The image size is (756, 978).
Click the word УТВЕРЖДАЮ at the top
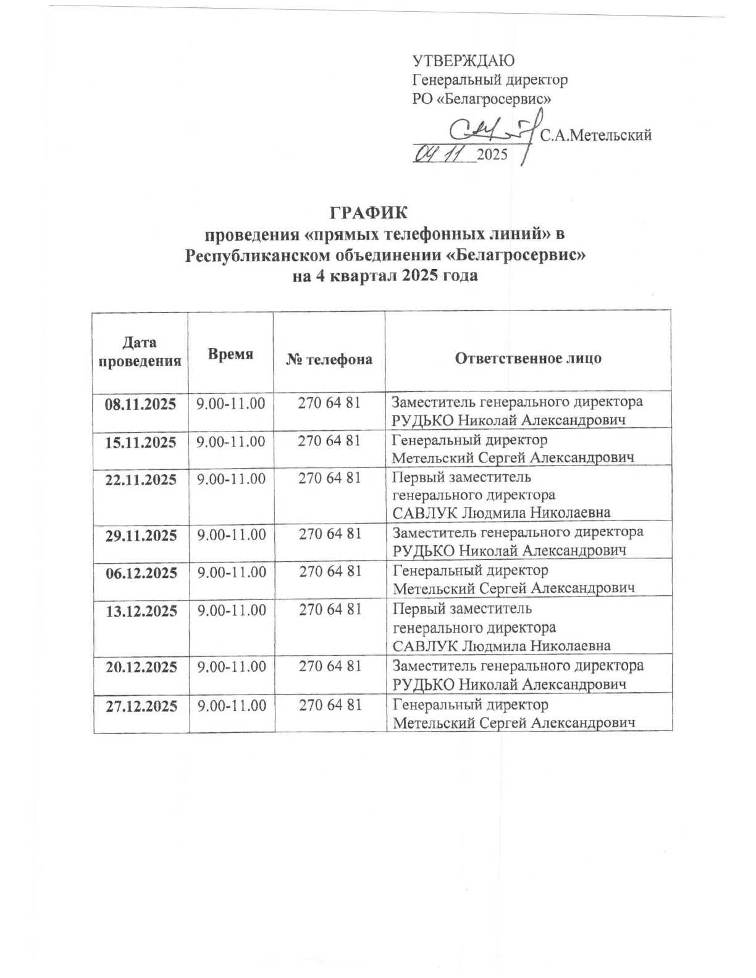[x=463, y=61]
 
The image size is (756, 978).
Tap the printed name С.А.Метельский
[x=596, y=136]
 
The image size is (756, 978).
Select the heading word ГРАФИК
[x=368, y=213]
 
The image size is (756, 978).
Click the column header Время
[x=230, y=354]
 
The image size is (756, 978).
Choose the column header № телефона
[x=329, y=359]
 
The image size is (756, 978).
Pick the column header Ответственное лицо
[x=528, y=359]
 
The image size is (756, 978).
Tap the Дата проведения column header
[x=140, y=351]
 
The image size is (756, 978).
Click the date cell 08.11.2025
[x=140, y=404]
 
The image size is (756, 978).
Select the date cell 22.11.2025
[x=140, y=480]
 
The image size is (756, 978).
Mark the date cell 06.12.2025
[x=141, y=572]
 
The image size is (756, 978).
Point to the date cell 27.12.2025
[x=141, y=706]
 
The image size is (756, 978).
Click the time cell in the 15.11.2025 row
[x=231, y=442]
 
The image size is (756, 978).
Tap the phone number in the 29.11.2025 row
[x=330, y=533]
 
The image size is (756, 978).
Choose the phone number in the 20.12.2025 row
[x=330, y=667]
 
